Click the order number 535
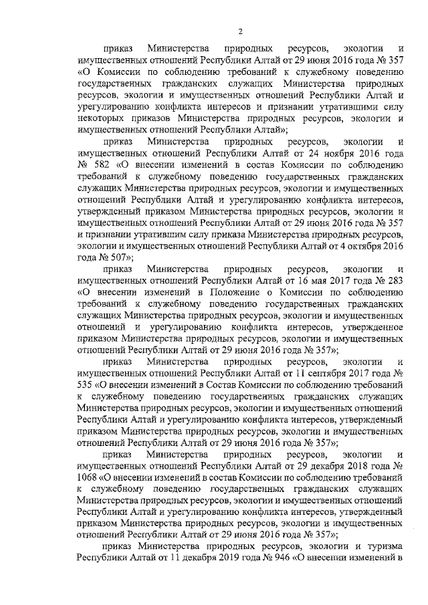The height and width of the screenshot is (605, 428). coord(86,386)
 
